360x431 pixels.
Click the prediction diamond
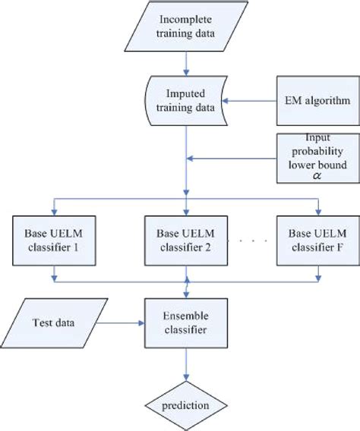[186, 406]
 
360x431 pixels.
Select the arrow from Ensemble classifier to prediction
[186, 368]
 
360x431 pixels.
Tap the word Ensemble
[186, 316]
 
